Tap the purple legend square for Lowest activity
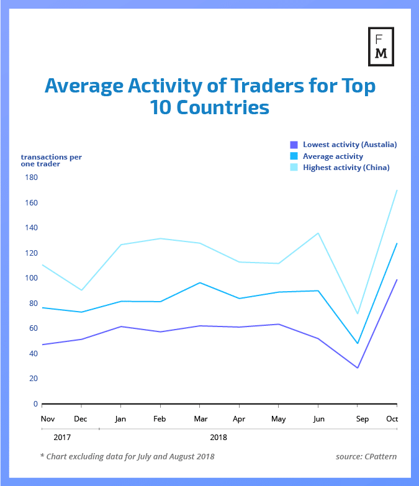pyautogui.click(x=294, y=145)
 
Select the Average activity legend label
pyautogui.click(x=333, y=156)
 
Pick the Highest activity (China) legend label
pyautogui.click(x=346, y=168)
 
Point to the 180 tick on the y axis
pyautogui.click(x=31, y=178)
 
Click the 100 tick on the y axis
pyautogui.click(x=31, y=278)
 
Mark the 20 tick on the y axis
pyautogui.click(x=34, y=379)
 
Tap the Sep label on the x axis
pyautogui.click(x=363, y=419)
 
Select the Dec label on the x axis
pyautogui.click(x=81, y=419)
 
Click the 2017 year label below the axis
pyautogui.click(x=62, y=437)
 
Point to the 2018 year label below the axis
pyautogui.click(x=219, y=437)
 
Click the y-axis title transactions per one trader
pyautogui.click(x=51, y=160)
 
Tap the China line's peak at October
pyautogui.click(x=397, y=191)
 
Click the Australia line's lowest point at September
pyautogui.click(x=358, y=367)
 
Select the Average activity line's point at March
pyautogui.click(x=199, y=283)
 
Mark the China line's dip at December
pyautogui.click(x=81, y=290)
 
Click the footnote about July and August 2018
pyautogui.click(x=127, y=457)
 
